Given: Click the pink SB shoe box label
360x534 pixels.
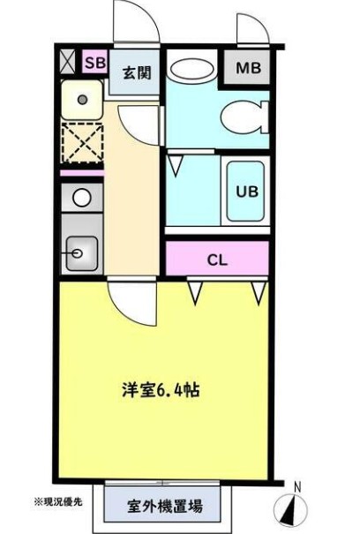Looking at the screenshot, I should (x=94, y=64).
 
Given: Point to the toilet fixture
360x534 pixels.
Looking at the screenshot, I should (x=242, y=116).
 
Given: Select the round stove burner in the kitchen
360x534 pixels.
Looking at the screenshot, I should (x=81, y=198).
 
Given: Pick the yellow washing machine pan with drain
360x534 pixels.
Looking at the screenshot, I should (x=81, y=100).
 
